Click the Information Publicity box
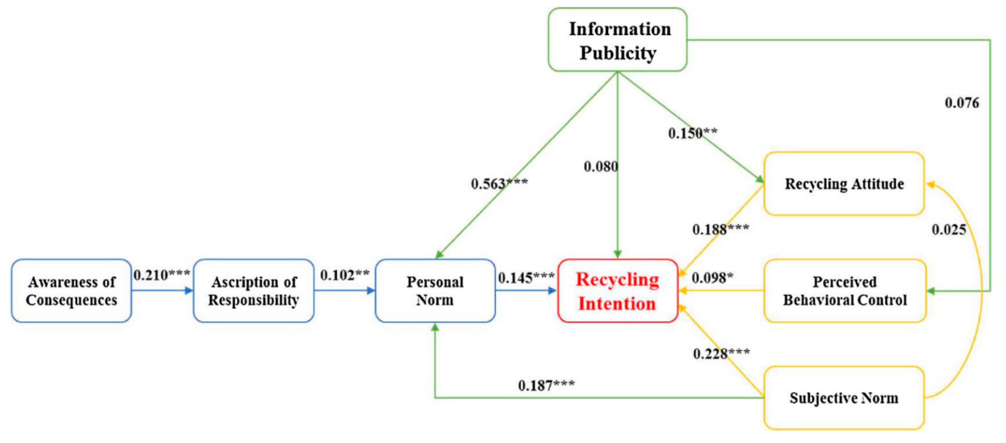pyautogui.click(x=617, y=40)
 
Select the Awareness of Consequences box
pyautogui.click(x=72, y=291)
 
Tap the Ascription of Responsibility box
pyautogui.click(x=253, y=291)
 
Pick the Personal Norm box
pyautogui.click(x=435, y=291)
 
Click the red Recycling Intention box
pyautogui.click(x=617, y=291)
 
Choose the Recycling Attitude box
pyautogui.click(x=844, y=184)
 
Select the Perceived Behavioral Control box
pyautogui.click(x=845, y=291)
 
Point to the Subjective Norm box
pyautogui.click(x=844, y=398)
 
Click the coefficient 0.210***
pyautogui.click(x=162, y=275)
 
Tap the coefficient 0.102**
pyautogui.click(x=344, y=275)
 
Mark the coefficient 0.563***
pyautogui.click(x=499, y=183)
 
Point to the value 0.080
pyautogui.click(x=601, y=167)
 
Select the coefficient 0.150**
pyautogui.click(x=692, y=133)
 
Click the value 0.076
pyautogui.click(x=962, y=103)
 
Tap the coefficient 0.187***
pyautogui.click(x=546, y=386)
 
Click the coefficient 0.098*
pyautogui.click(x=712, y=278)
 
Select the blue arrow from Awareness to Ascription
pyautogui.click(x=162, y=291)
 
